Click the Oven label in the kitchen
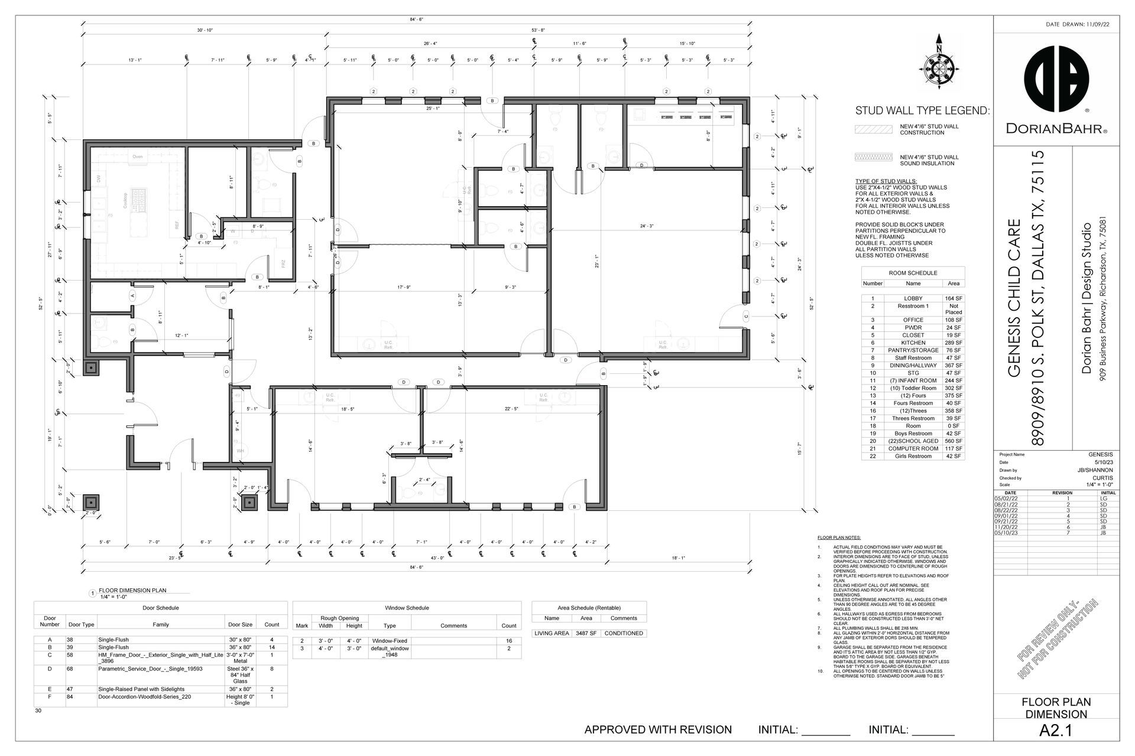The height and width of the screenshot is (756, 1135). tap(137, 157)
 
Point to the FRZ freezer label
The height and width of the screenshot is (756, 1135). tap(283, 263)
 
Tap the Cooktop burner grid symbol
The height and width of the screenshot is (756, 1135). tap(139, 201)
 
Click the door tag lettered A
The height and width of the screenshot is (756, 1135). tap(133, 295)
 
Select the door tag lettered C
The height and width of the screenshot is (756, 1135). tap(746, 317)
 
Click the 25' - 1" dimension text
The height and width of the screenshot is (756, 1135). tap(433, 109)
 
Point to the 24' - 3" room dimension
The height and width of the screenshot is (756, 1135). tap(647, 226)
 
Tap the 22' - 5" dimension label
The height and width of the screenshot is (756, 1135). tap(511, 409)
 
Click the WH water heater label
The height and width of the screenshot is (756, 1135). tap(240, 451)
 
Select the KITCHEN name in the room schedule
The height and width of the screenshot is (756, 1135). tap(913, 343)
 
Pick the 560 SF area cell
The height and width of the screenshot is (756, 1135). tap(953, 441)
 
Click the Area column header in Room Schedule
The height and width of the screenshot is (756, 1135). tap(953, 283)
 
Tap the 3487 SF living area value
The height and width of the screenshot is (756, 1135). tap(586, 633)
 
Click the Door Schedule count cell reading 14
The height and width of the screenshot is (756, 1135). tap(272, 647)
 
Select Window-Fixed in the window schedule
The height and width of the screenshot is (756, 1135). tap(389, 641)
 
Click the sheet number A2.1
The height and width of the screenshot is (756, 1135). tap(1056, 731)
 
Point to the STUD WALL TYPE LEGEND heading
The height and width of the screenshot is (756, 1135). tap(922, 111)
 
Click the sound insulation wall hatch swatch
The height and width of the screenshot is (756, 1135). tap(873, 157)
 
